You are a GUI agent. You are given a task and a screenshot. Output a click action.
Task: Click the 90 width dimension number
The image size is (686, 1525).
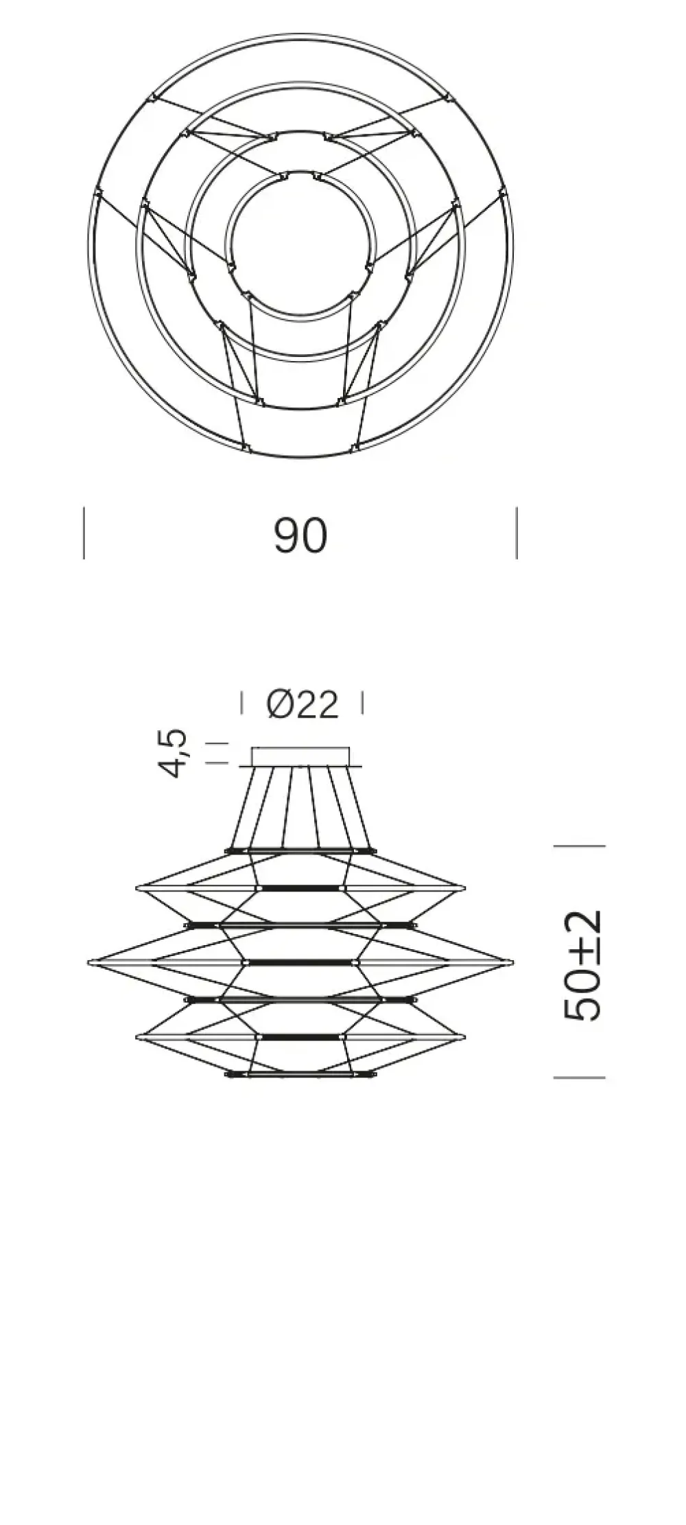pyautogui.click(x=300, y=536)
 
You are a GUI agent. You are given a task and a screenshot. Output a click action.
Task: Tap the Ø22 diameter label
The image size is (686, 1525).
pyautogui.click(x=303, y=704)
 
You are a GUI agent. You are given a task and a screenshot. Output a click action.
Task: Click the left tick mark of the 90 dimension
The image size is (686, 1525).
pyautogui.click(x=84, y=533)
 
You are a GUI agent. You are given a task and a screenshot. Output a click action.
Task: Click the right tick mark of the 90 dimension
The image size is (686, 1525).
pyautogui.click(x=517, y=533)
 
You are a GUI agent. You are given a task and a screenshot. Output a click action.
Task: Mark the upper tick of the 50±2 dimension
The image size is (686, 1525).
pyautogui.click(x=579, y=846)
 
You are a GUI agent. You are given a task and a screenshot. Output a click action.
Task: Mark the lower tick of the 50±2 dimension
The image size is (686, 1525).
pyautogui.click(x=579, y=1078)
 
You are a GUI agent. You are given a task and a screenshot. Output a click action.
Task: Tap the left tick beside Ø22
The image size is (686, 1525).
pyautogui.click(x=241, y=703)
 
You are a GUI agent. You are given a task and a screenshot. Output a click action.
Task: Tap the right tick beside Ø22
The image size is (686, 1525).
pyautogui.click(x=362, y=703)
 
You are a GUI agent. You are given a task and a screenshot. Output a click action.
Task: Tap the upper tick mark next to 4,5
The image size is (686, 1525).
pyautogui.click(x=217, y=743)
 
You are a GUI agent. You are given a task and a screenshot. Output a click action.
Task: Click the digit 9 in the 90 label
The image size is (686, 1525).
pyautogui.click(x=286, y=536)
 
